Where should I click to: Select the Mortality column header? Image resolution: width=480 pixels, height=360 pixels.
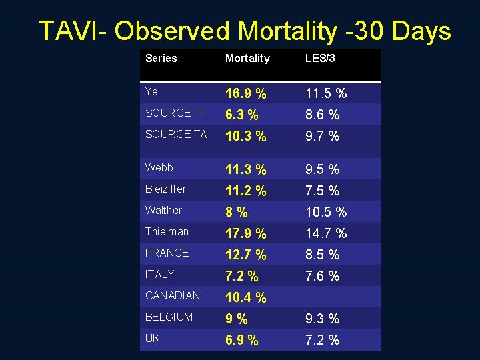point(247,59)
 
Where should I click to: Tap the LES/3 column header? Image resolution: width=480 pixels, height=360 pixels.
point(320,59)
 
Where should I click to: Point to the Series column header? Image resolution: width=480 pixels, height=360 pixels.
point(161,58)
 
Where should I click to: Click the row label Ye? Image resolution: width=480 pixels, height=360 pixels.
point(152,91)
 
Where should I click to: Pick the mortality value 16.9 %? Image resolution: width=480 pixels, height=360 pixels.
point(245,93)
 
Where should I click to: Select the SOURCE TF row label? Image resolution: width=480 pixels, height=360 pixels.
point(176,113)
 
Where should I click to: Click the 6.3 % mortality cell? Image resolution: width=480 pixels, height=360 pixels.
point(241,115)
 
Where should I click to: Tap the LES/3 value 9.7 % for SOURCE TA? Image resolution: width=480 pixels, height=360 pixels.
point(322,136)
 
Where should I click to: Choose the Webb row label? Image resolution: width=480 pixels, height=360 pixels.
point(159,167)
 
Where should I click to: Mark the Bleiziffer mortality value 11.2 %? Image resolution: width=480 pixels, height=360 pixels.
point(245,191)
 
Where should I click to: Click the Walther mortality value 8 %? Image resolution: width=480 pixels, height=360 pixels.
point(236,212)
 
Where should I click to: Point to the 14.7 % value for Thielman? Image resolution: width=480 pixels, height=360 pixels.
point(325,233)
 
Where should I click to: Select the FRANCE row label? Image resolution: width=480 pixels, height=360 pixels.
point(167,253)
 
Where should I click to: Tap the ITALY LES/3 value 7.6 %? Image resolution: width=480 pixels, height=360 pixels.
point(322,276)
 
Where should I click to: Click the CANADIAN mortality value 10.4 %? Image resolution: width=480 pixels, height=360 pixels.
point(245,297)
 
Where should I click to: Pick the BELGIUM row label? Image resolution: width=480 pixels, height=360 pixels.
point(169,317)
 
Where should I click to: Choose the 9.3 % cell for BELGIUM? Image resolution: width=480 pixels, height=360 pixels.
point(322,319)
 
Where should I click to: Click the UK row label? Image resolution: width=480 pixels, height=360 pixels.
point(152,338)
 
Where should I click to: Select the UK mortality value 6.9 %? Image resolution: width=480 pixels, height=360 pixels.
point(241,340)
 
